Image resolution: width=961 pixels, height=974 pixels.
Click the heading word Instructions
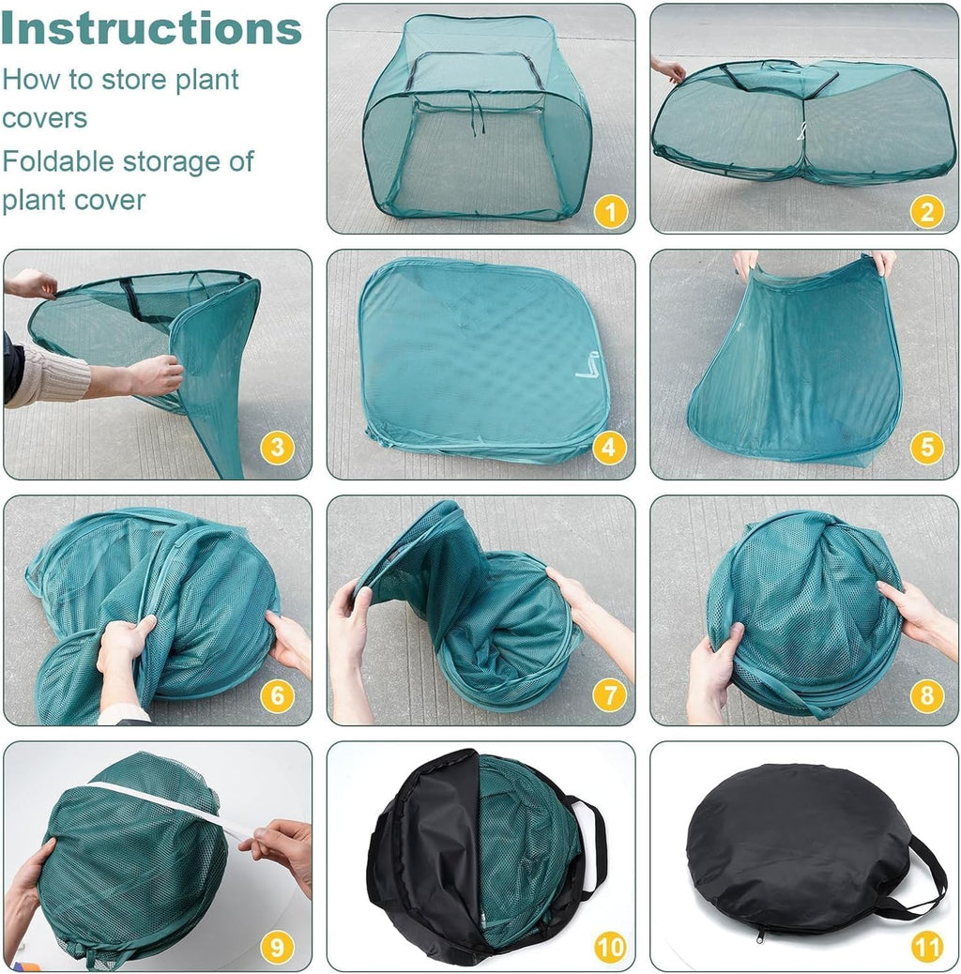pyautogui.click(x=151, y=28)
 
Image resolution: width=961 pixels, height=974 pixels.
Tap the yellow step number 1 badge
pyautogui.click(x=610, y=212)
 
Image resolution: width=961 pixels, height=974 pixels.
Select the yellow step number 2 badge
pyautogui.click(x=927, y=212)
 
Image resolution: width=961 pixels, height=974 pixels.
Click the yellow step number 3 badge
pyautogui.click(x=277, y=448)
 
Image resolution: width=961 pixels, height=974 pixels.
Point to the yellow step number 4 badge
pyautogui.click(x=609, y=448)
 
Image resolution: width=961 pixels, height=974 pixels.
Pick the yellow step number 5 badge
pyautogui.click(x=927, y=448)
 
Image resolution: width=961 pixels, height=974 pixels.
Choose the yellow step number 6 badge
pyautogui.click(x=277, y=695)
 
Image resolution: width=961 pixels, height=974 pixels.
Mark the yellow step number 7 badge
pyautogui.click(x=610, y=695)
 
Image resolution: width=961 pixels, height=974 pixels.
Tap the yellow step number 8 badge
pyautogui.click(x=927, y=695)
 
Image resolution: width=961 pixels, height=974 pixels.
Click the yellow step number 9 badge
pyautogui.click(x=277, y=948)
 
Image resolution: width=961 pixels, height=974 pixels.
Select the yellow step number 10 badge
pyautogui.click(x=610, y=948)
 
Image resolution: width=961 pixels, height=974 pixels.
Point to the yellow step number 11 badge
pyautogui.click(x=927, y=948)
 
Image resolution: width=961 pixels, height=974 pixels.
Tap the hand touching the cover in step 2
pyautogui.click(x=668, y=68)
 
